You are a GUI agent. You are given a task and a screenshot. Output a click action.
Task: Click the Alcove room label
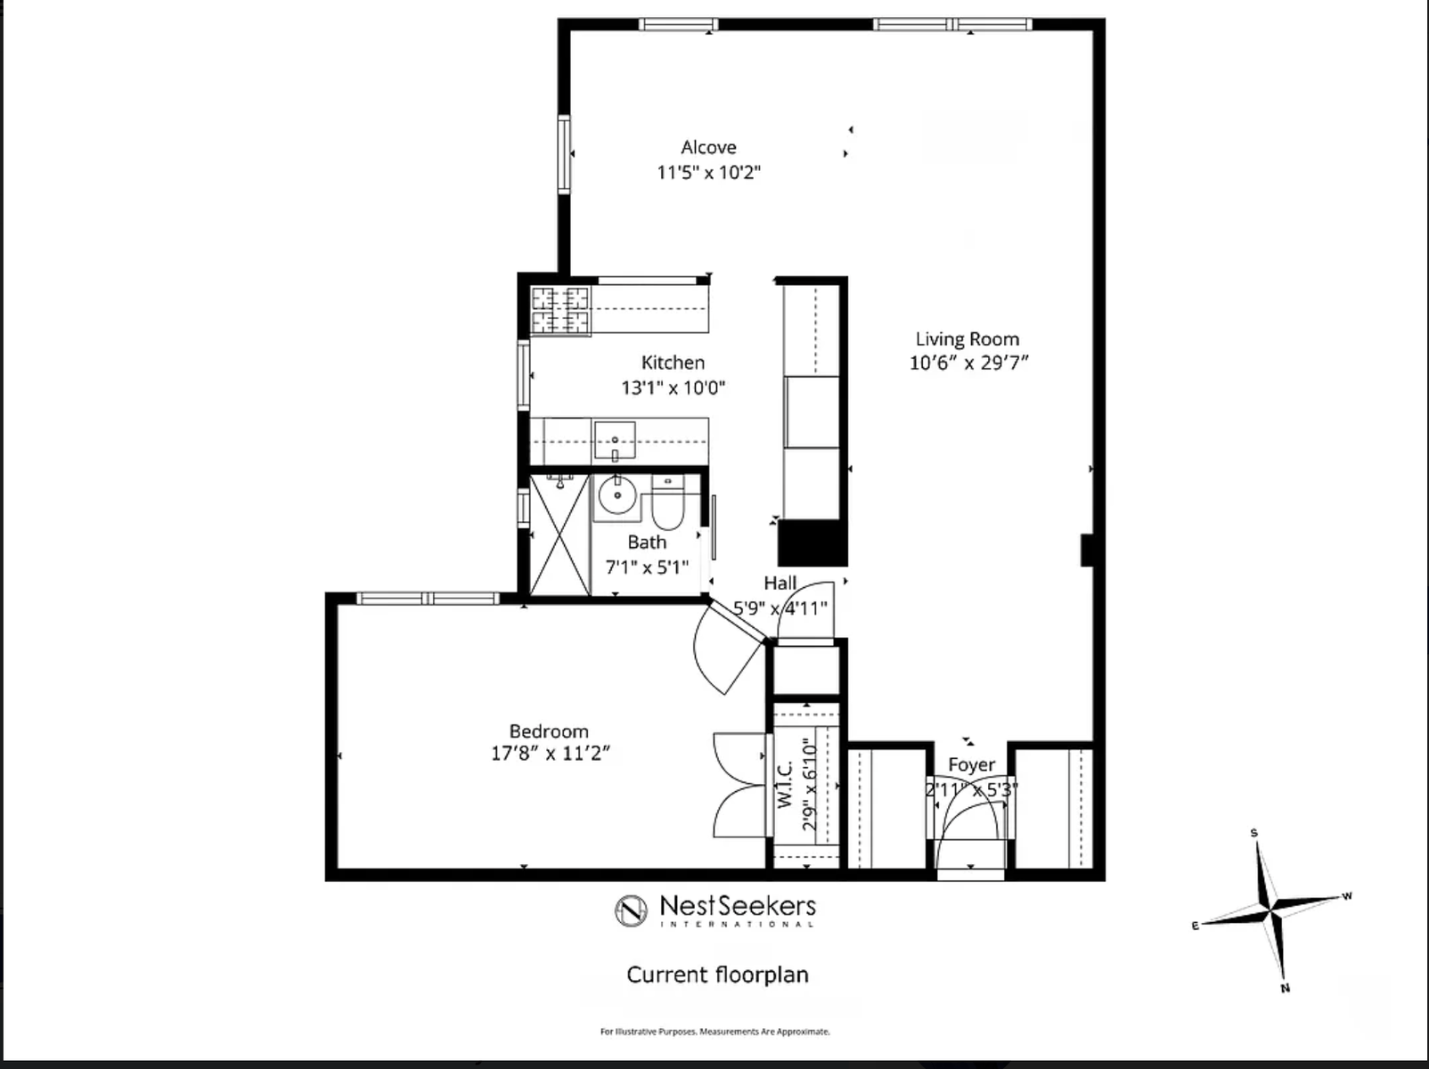(708, 148)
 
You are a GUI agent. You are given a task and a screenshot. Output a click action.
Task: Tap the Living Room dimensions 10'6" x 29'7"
(968, 363)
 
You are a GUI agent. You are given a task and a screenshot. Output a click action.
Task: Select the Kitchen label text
(673, 363)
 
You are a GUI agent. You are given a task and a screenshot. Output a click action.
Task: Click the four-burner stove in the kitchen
(561, 310)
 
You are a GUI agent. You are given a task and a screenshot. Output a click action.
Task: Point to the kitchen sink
(615, 440)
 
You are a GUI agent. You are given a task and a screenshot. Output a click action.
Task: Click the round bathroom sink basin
(617, 494)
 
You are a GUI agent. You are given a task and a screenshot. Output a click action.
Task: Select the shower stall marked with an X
(559, 535)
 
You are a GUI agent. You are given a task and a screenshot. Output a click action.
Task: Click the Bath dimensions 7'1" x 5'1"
(647, 567)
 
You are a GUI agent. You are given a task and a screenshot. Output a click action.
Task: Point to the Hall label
(780, 583)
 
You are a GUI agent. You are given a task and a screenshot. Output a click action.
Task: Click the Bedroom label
(549, 731)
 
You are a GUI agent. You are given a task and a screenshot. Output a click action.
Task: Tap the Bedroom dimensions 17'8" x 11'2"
(550, 754)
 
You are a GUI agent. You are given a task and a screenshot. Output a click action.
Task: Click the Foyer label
(971, 765)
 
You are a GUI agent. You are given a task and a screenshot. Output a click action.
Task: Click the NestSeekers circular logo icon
(631, 910)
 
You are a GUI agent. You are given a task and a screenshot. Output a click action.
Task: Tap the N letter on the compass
(1286, 988)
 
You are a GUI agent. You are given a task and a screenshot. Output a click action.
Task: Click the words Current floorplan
(717, 975)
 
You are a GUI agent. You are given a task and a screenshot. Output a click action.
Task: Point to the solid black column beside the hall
(812, 543)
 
